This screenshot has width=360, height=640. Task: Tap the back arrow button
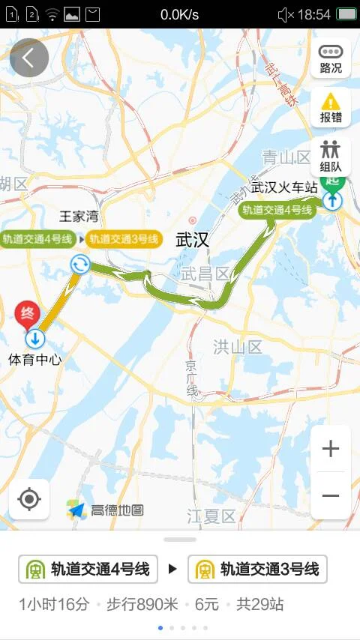tap(29, 58)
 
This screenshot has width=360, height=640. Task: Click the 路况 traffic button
tap(331, 58)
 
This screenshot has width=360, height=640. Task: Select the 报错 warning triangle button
tap(331, 107)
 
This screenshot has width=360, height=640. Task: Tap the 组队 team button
tap(331, 157)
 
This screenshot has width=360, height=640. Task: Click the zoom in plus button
tap(331, 449)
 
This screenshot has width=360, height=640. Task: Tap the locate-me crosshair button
tap(29, 499)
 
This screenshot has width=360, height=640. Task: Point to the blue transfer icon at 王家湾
tap(80, 263)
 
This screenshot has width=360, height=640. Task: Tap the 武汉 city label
tap(192, 240)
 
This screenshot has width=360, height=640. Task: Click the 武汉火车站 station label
tap(284, 187)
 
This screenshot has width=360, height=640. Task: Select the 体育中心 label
tap(34, 360)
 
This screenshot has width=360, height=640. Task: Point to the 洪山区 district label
tap(237, 346)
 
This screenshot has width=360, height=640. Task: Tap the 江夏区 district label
tap(211, 516)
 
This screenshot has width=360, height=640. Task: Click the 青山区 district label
tap(286, 157)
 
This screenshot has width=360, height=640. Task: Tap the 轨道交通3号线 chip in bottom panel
tap(257, 570)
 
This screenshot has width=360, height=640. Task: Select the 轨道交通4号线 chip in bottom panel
tap(88, 570)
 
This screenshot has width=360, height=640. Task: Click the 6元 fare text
tap(207, 604)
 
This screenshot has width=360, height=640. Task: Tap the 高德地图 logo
tap(106, 510)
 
